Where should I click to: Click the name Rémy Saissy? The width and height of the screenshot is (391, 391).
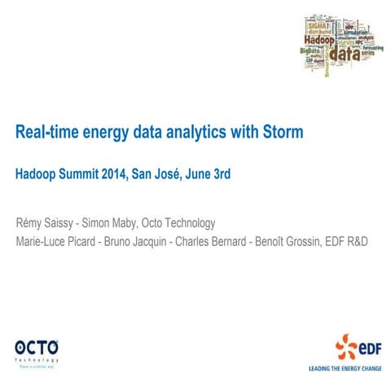pyautogui.click(x=43, y=222)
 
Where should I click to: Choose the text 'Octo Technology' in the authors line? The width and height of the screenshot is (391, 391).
pyautogui.click(x=177, y=222)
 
